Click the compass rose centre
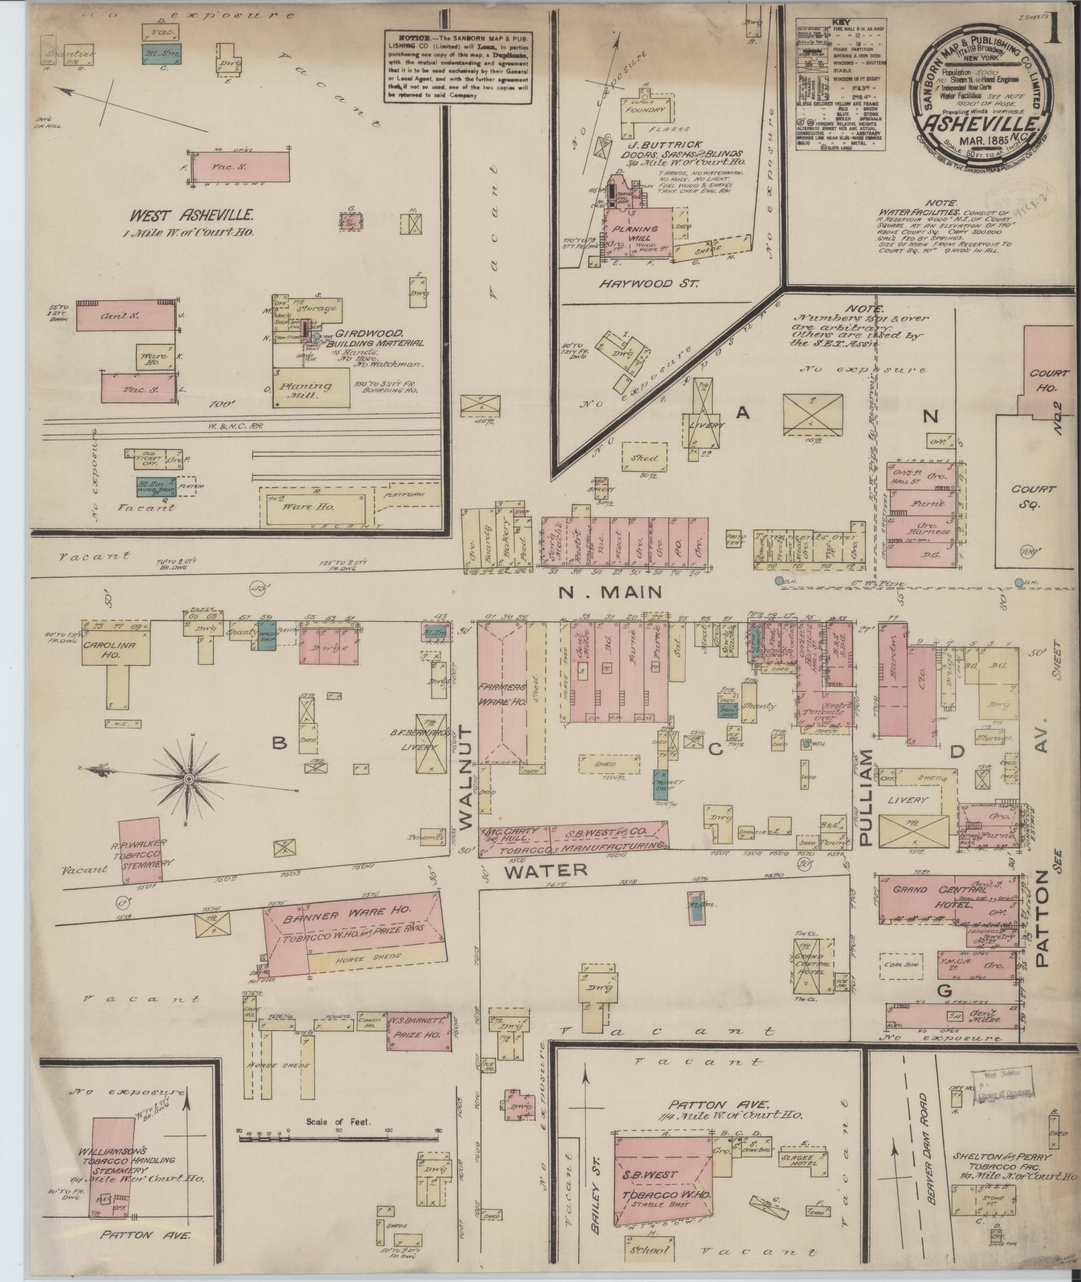click(190, 778)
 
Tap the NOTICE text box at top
click(458, 66)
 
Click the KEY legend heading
click(840, 21)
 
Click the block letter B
click(279, 743)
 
